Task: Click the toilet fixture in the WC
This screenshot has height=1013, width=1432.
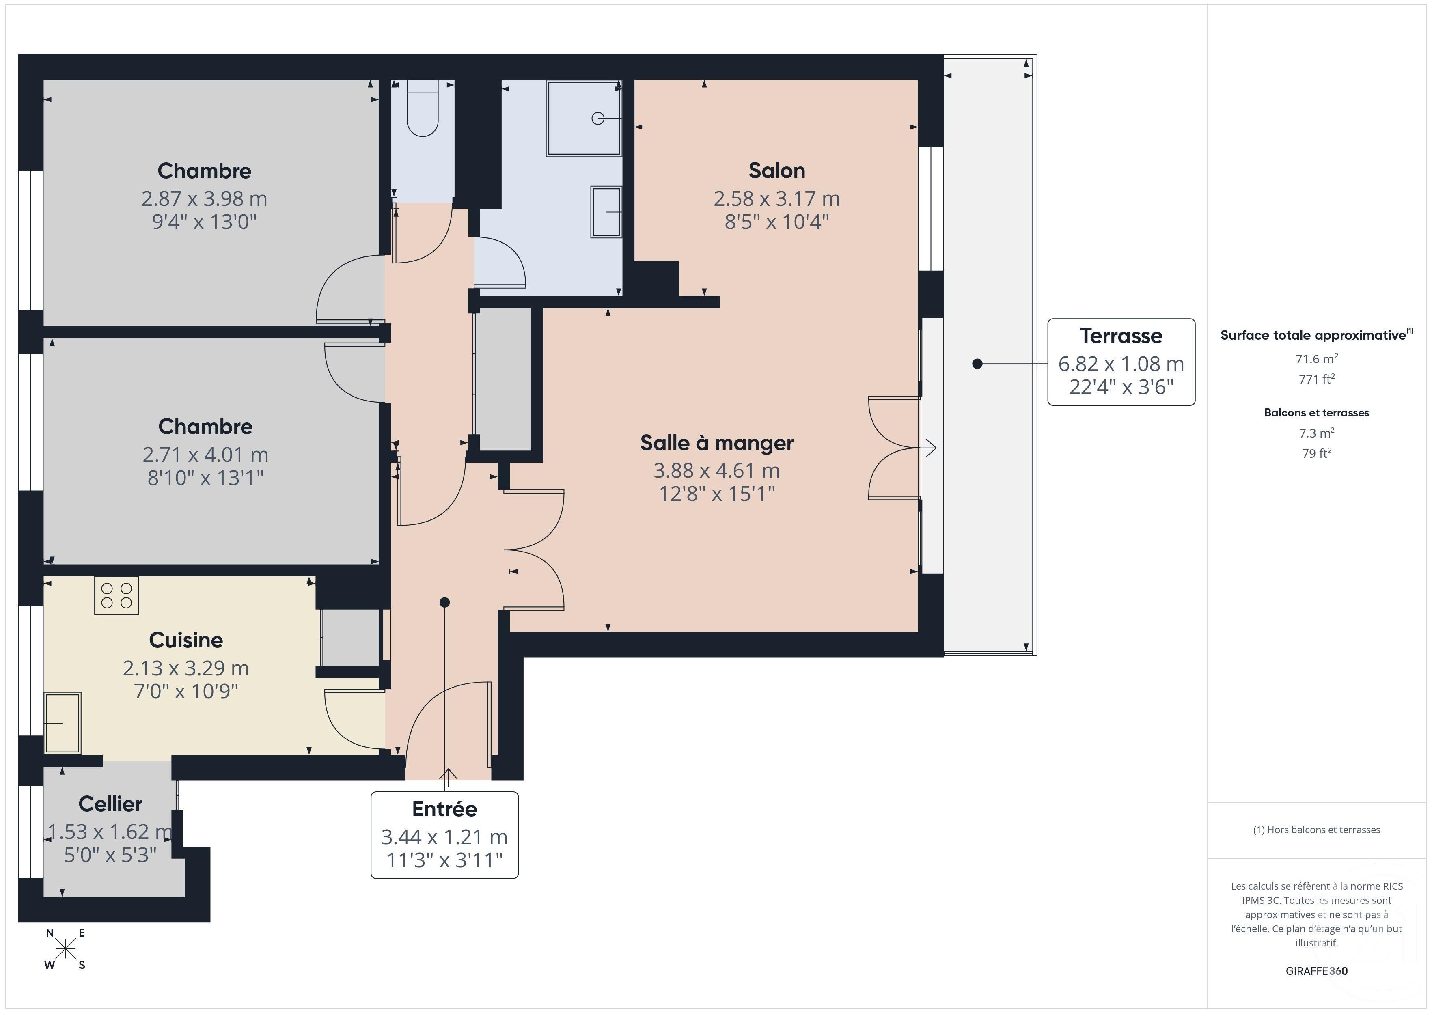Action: [x=422, y=111]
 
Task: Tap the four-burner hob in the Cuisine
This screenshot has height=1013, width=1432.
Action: [x=116, y=596]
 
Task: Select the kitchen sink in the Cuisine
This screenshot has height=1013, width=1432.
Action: [x=63, y=722]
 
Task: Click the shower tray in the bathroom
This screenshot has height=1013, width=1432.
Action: [x=584, y=118]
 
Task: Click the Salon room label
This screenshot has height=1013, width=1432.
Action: [x=776, y=170]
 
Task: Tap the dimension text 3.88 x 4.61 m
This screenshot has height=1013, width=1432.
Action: [x=717, y=470]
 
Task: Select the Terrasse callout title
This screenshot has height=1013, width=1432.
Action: [x=1121, y=336]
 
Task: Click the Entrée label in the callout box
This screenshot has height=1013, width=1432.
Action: [x=444, y=809]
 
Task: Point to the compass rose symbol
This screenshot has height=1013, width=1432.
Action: [x=65, y=949]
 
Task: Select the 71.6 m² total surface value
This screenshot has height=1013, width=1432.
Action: [x=1316, y=359]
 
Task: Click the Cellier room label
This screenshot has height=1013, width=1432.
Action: [x=110, y=804]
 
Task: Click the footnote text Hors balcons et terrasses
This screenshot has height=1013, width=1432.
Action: [x=1316, y=830]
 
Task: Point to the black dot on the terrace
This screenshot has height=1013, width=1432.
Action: [x=977, y=364]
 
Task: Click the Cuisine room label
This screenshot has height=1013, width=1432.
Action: [x=186, y=640]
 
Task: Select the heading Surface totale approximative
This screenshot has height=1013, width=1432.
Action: [x=1313, y=335]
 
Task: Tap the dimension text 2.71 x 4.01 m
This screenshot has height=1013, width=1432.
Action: [x=205, y=454]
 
